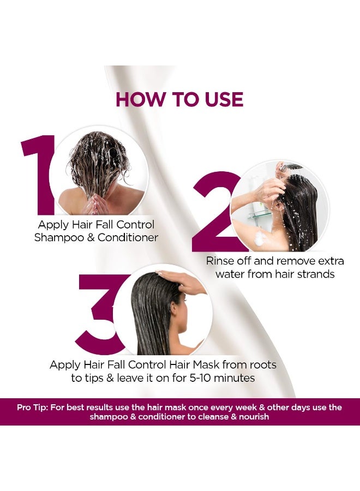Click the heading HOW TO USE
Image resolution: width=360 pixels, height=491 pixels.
(179, 100)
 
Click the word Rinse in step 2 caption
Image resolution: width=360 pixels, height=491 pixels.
(220, 261)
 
